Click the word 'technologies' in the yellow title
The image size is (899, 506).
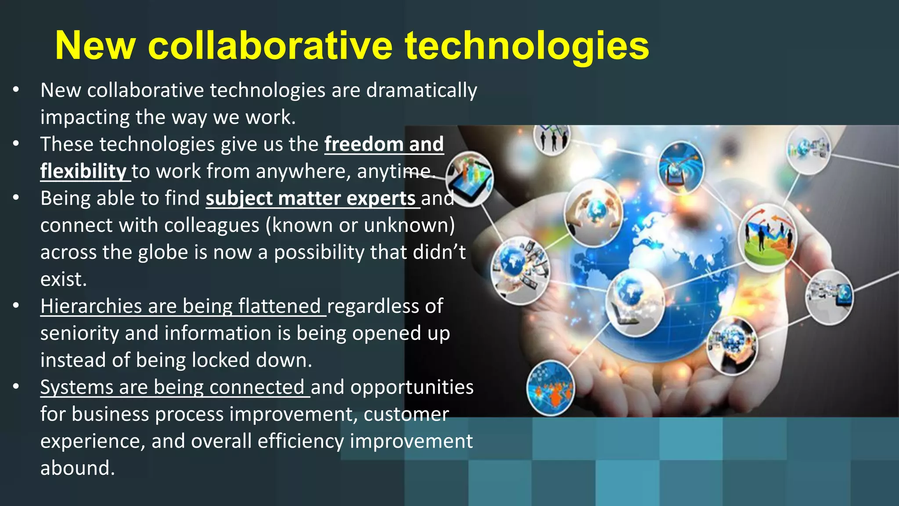pos(526,46)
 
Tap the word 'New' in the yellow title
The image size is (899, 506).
pos(95,46)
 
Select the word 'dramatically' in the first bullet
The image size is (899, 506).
pos(421,90)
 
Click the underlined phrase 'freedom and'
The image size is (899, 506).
pos(384,144)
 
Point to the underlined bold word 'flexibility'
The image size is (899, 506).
pos(83,171)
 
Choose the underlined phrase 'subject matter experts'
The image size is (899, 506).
pos(311,198)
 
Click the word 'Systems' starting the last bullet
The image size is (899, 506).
pos(77,387)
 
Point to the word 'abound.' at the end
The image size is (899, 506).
pos(78,468)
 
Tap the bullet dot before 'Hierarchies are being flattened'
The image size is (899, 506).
pos(16,306)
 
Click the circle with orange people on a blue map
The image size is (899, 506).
pos(550,388)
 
